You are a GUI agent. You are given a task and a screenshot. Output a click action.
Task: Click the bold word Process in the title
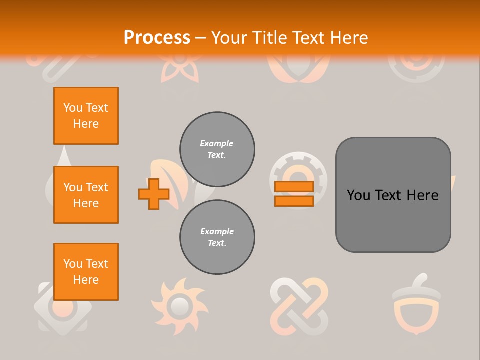(x=157, y=37)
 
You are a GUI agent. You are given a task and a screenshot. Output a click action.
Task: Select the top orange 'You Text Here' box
(x=86, y=116)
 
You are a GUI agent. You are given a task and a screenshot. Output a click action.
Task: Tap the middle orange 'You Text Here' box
(x=86, y=195)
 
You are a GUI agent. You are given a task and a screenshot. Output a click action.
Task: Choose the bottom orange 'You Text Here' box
(x=86, y=272)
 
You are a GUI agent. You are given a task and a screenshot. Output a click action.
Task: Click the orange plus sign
(x=154, y=194)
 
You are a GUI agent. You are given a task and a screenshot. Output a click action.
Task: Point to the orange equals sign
(x=294, y=194)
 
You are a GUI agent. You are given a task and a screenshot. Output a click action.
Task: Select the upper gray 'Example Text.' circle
(x=217, y=149)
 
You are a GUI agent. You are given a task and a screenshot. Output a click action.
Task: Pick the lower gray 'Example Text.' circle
(x=217, y=237)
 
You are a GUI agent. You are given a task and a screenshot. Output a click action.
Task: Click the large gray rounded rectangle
(x=393, y=195)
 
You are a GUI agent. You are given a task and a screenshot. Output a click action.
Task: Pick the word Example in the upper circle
(x=216, y=143)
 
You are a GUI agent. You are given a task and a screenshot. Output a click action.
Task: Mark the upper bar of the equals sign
(x=294, y=187)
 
